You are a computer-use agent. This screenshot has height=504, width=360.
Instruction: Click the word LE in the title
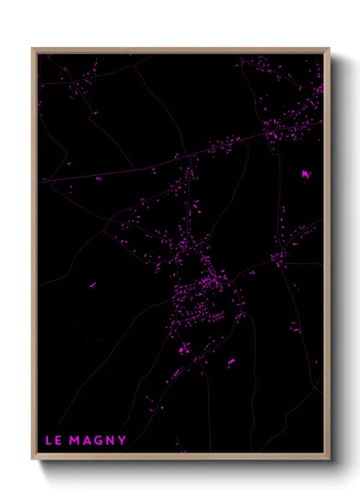coord(52,441)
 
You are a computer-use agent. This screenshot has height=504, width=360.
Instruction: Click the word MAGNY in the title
coord(99,441)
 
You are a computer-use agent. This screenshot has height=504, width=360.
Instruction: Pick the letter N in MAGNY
coord(111,441)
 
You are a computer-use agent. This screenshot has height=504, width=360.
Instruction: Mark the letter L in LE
coord(48,441)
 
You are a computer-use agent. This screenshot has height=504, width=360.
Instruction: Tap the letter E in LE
coord(57,441)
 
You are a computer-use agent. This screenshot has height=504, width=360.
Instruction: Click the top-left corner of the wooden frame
coord(33,49)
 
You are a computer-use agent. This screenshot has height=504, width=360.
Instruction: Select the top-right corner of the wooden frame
coord(329,49)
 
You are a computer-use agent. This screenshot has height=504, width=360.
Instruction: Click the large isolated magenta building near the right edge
coord(305,174)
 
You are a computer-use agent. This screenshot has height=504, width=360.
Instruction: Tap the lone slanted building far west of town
coord(98,179)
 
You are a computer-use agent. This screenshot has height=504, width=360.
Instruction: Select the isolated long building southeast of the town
coord(231,362)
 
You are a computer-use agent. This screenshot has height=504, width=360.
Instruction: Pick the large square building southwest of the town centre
coord(183,349)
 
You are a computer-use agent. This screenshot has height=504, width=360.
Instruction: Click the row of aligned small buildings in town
coord(217,315)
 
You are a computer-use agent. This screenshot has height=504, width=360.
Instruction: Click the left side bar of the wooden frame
coord(34,257)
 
